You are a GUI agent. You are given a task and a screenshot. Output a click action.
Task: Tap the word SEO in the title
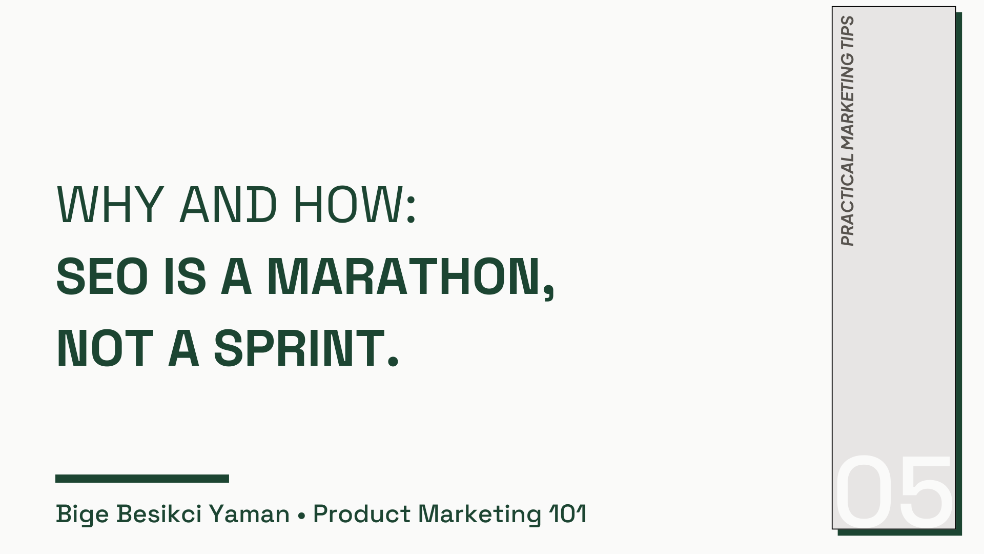102,276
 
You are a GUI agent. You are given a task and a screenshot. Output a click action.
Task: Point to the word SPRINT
299,348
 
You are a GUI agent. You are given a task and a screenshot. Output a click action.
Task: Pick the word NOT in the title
105,348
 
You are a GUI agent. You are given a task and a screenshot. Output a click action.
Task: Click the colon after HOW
411,210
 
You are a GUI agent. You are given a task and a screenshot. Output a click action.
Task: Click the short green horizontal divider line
142,479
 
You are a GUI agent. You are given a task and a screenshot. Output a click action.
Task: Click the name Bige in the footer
82,514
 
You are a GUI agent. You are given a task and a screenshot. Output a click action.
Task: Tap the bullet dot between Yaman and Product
301,515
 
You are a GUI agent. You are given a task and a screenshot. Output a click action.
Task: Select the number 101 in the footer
567,514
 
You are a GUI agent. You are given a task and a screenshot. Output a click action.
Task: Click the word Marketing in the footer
480,514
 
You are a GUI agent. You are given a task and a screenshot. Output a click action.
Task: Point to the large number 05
894,490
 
